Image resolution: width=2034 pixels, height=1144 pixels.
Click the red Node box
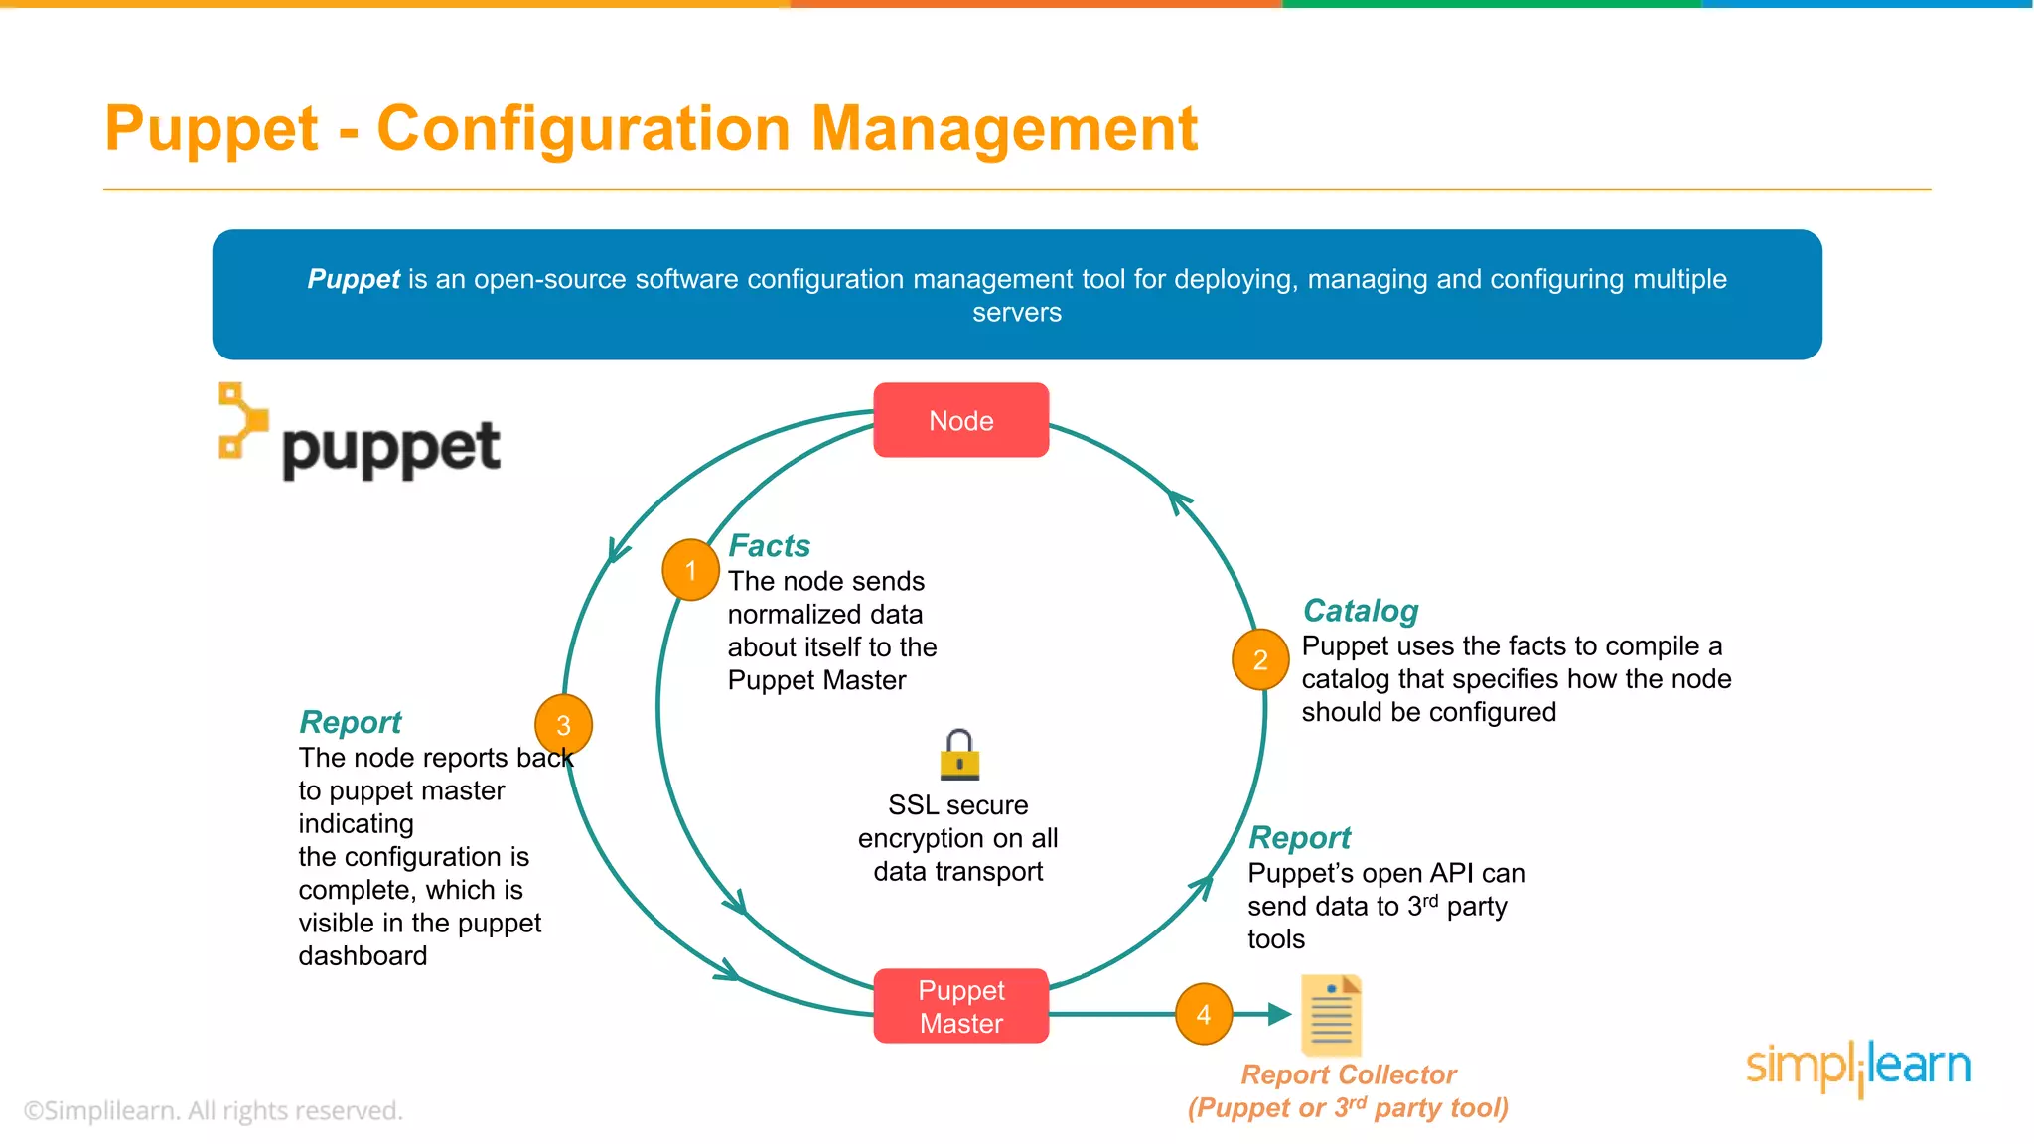click(960, 420)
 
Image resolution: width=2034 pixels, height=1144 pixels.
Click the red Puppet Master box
click(960, 1006)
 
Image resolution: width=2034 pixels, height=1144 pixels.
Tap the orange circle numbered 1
click(690, 570)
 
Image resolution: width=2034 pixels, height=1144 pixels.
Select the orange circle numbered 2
click(1259, 659)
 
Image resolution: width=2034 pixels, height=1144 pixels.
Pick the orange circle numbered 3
click(563, 725)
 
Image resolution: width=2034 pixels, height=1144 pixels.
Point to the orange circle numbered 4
click(1203, 1014)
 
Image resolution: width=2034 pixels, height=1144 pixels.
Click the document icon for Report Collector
click(1331, 1015)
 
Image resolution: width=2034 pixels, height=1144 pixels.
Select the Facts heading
click(769, 545)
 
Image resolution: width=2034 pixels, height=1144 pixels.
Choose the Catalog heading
click(1360, 610)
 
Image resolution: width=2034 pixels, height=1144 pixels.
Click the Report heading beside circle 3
click(350, 722)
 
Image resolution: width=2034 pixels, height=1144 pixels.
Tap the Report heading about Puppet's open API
click(1299, 837)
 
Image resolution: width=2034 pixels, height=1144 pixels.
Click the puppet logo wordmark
click(389, 449)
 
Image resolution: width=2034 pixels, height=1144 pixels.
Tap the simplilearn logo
click(1858, 1067)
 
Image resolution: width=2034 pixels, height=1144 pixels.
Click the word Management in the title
click(1004, 129)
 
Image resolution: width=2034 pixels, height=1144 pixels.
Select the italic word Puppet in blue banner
click(353, 279)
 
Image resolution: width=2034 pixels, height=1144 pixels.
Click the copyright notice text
click(214, 1110)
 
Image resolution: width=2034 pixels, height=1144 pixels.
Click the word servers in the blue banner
click(1016, 313)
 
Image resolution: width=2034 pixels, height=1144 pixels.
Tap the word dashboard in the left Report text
click(363, 955)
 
